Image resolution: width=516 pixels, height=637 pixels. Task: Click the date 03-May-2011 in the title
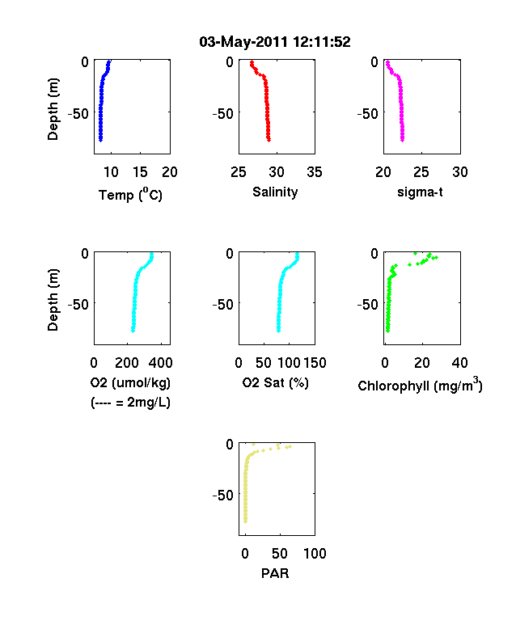[x=243, y=42]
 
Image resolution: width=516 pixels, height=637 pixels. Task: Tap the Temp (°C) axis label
[x=130, y=195]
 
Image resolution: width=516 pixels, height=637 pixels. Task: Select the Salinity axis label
[x=275, y=192]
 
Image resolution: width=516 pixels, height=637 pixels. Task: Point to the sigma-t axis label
[x=420, y=192]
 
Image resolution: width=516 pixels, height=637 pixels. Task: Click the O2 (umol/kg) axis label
[x=130, y=382]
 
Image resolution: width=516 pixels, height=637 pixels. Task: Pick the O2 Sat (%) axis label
[x=275, y=382]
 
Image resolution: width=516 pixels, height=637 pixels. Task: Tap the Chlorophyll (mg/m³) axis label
[x=420, y=385]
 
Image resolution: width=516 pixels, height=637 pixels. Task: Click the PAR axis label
[x=275, y=573]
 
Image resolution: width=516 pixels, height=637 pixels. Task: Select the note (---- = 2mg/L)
[x=130, y=403]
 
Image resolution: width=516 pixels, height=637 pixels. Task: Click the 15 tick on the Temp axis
[x=140, y=172]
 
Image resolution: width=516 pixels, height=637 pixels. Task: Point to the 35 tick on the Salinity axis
[x=315, y=172]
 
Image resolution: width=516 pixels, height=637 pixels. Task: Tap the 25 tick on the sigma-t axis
[x=421, y=172]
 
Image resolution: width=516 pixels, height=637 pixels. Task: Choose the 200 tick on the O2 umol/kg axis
[x=127, y=362]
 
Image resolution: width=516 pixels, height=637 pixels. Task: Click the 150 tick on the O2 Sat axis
[x=315, y=362]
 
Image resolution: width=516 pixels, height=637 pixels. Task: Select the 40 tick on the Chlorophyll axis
[x=459, y=362]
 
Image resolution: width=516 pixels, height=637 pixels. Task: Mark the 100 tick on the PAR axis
[x=315, y=553]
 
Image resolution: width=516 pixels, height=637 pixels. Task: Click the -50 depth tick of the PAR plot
[x=222, y=495]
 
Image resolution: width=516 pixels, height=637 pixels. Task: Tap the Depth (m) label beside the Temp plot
[x=53, y=109]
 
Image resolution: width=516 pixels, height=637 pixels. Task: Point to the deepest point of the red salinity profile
[x=269, y=140]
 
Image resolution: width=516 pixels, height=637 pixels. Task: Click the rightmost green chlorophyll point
[x=436, y=257]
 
